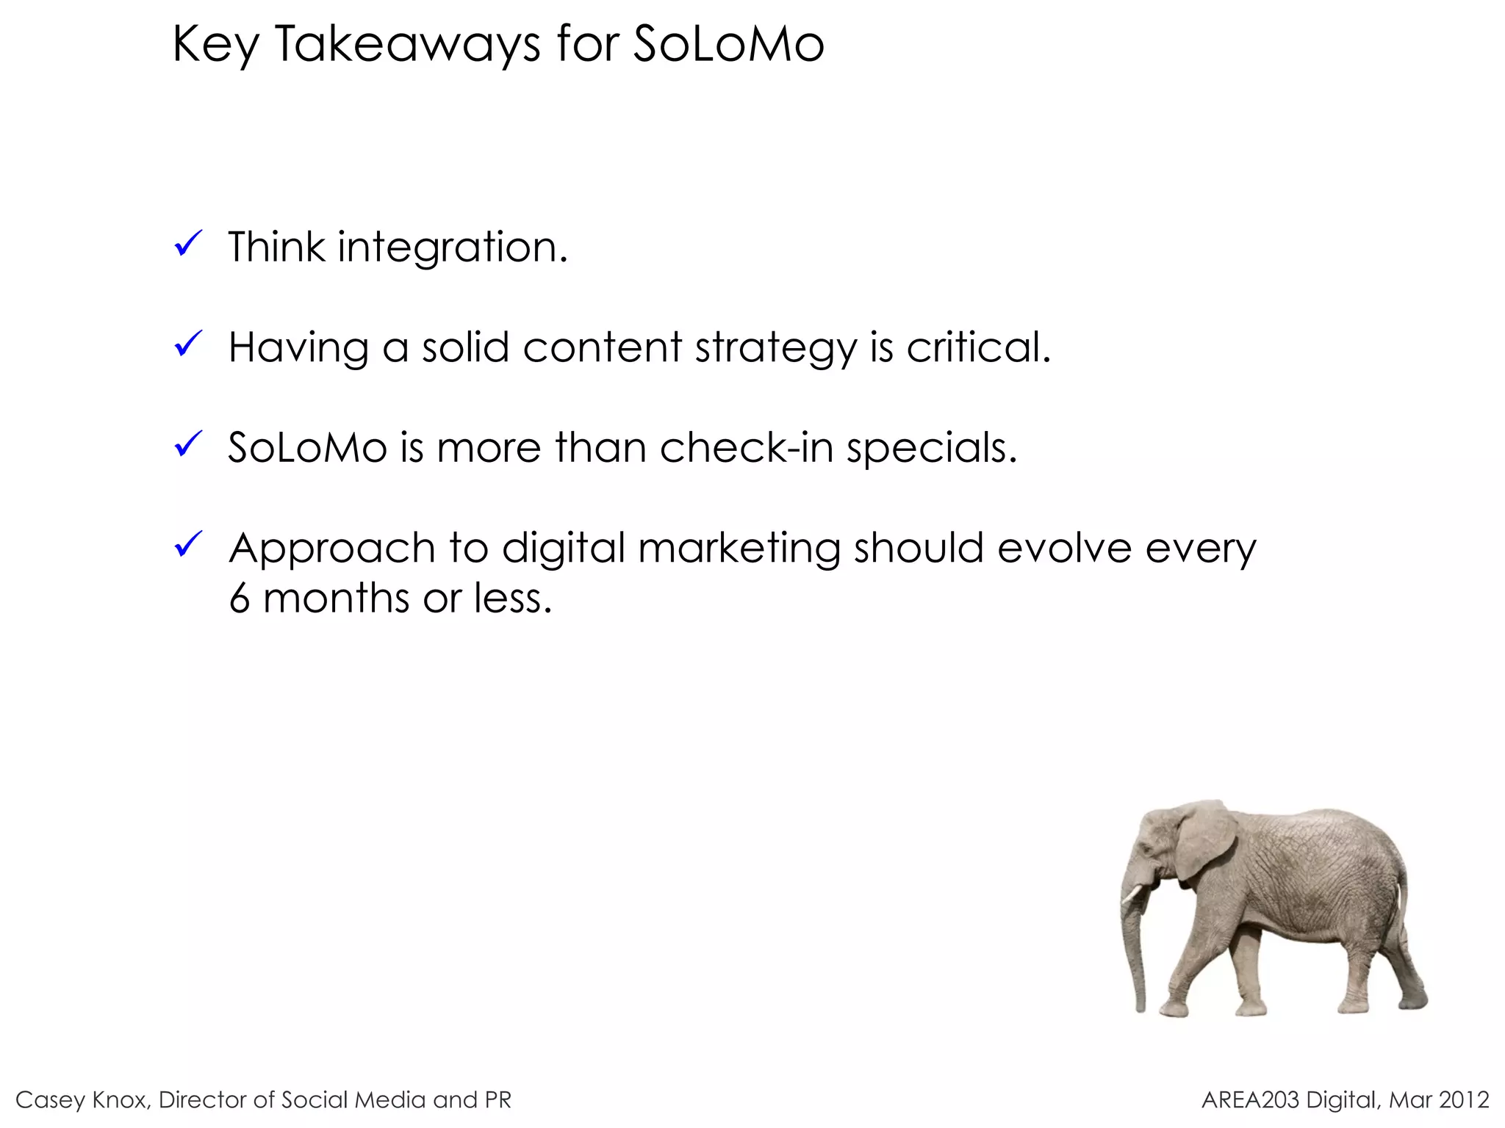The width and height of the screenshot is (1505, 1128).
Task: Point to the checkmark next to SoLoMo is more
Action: (x=188, y=444)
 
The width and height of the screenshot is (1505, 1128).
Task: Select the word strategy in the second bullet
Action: (x=775, y=348)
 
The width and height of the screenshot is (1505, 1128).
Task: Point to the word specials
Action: (x=931, y=448)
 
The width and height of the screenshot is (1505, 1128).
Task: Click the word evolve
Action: (x=1064, y=548)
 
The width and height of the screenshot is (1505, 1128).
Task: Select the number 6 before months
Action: (x=240, y=598)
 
